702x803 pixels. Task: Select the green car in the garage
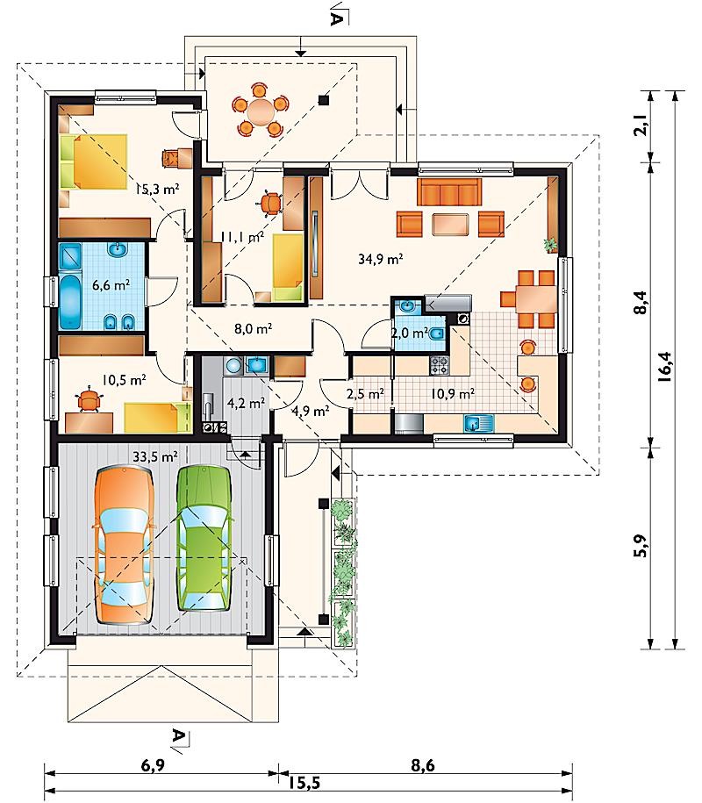point(204,538)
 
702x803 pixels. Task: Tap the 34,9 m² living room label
point(381,259)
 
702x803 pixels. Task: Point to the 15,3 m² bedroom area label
point(157,189)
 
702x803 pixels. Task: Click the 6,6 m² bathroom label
point(111,284)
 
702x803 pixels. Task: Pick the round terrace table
point(261,111)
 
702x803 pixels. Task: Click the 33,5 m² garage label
point(155,456)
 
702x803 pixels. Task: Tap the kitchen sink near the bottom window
point(479,423)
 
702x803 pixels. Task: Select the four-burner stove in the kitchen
point(439,365)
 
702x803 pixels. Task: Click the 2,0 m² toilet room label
point(410,333)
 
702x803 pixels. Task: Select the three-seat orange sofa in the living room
point(449,192)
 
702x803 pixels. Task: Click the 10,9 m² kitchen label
point(452,394)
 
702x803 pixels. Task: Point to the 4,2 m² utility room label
point(246,403)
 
